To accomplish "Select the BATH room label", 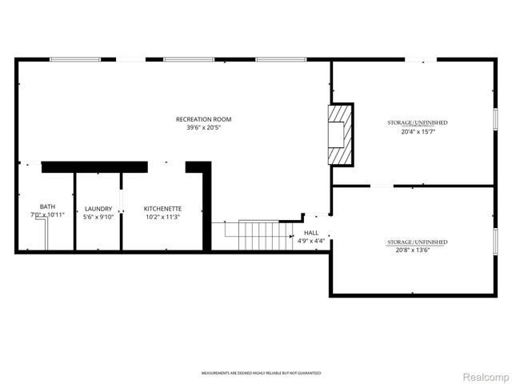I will (x=48, y=207).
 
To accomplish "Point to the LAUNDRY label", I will (x=98, y=208).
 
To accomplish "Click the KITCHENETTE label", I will (x=162, y=208).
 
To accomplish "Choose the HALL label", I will (x=311, y=233).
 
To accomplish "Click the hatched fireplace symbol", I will (x=340, y=134).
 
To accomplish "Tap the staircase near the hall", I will (x=258, y=234).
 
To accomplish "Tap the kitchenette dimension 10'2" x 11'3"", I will (x=162, y=216).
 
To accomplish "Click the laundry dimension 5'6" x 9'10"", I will (x=98, y=216).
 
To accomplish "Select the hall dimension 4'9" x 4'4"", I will (x=311, y=241).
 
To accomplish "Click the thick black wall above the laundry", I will (x=94, y=166).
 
